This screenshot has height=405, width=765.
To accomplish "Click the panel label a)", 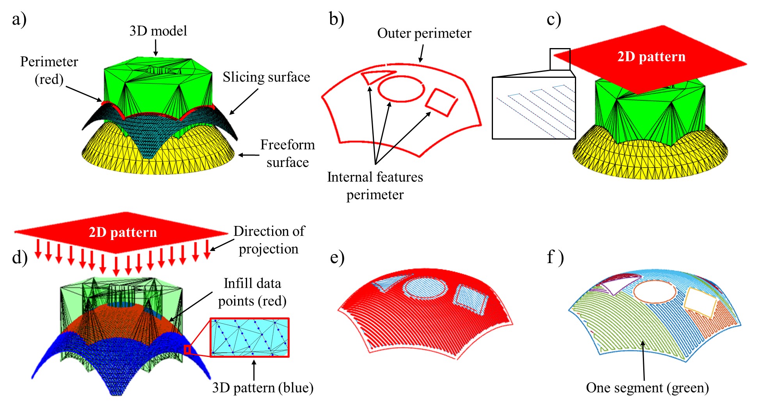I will coord(19,20).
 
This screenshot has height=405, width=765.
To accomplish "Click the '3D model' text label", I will coord(158,31).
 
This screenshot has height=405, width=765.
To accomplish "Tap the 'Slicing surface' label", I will coord(266,77).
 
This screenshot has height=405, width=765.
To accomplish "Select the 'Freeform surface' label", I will coord(287,153).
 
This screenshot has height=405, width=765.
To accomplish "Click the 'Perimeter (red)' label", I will coord(49,70).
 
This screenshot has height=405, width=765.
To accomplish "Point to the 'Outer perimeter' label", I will coord(424,33).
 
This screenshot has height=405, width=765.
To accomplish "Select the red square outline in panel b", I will coord(441,102).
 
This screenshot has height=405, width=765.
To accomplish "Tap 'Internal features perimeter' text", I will coord(375,186).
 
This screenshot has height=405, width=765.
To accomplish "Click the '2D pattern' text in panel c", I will coord(651,57).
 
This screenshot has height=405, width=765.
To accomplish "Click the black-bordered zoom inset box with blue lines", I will coord(534,108).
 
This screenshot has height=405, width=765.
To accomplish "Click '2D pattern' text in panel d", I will coord(123,232).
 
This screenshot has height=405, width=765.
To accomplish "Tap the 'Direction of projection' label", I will coord(269,240).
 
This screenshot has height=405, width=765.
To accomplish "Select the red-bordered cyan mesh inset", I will coord(250,337).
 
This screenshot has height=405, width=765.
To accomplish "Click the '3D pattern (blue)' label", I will coord(263,388).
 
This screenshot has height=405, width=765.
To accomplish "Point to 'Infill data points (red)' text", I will coord(252,292).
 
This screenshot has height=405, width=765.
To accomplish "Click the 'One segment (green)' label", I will coord(647,388).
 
